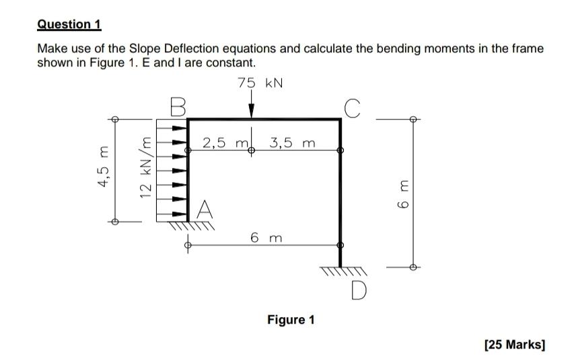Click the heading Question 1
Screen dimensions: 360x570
pyautogui.click(x=69, y=25)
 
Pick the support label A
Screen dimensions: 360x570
pyautogui.click(x=205, y=211)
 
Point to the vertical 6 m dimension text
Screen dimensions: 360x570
pyautogui.click(x=402, y=192)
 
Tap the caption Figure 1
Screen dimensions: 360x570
pyautogui.click(x=291, y=319)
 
